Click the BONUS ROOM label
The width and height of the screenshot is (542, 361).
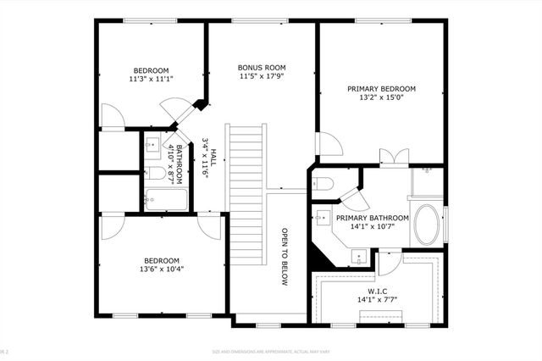click(x=261, y=67)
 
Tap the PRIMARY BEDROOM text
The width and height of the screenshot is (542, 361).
click(x=381, y=88)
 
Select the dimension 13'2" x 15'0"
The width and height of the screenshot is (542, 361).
click(x=381, y=97)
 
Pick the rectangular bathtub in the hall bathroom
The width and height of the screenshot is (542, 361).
click(x=166, y=200)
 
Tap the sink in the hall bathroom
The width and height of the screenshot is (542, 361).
click(x=153, y=145)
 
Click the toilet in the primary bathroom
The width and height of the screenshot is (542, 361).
click(x=325, y=184)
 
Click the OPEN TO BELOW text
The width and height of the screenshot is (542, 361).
click(x=285, y=256)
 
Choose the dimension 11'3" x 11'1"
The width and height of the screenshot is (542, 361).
click(x=151, y=79)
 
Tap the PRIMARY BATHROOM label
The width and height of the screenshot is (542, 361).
click(x=372, y=218)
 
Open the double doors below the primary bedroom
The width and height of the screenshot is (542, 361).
click(x=390, y=157)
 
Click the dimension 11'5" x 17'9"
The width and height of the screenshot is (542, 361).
click(x=261, y=76)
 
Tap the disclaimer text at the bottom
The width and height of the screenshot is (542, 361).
click(x=271, y=352)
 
